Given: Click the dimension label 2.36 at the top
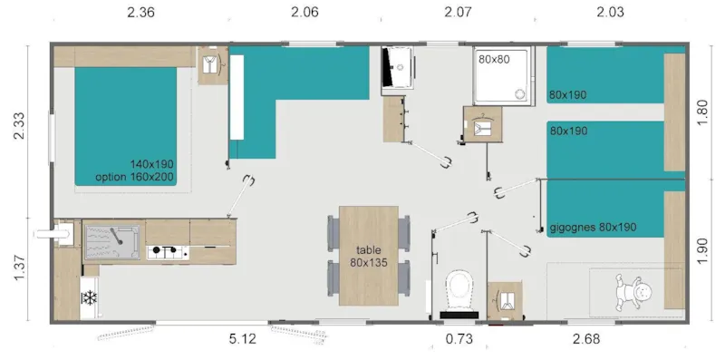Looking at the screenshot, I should coord(140,12).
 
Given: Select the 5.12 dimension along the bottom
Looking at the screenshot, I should coord(243,340).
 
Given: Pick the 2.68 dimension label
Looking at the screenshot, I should coord(586,340).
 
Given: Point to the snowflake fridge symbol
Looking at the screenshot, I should coord(90,297).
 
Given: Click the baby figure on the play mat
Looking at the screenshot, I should coord(639,292).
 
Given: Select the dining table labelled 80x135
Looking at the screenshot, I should coord(368,256).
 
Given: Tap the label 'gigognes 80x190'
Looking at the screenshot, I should coord(593,227).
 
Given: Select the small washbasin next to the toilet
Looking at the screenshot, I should coord(505,300).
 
